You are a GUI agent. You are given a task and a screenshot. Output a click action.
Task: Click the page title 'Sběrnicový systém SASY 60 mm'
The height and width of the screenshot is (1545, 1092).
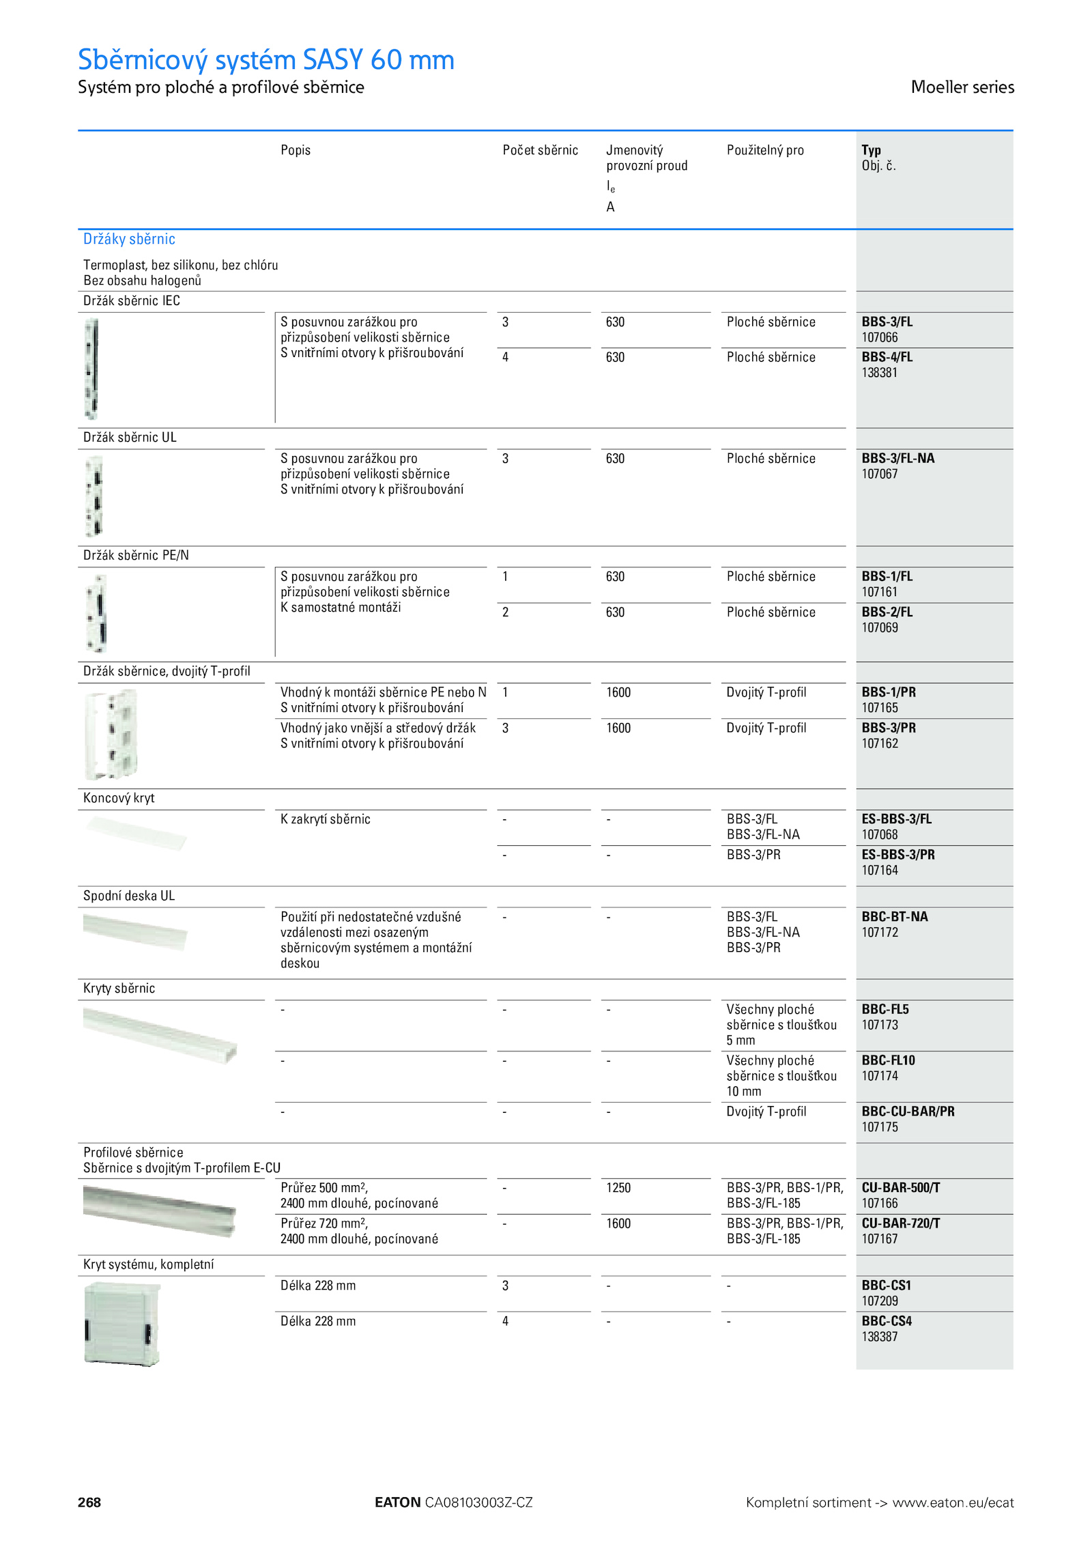265,60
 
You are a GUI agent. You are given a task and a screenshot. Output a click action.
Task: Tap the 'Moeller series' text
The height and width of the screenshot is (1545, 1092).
962,87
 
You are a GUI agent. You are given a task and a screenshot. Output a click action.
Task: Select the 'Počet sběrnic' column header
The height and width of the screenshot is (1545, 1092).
540,150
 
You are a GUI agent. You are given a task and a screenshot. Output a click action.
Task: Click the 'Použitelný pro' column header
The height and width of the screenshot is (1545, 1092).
764,150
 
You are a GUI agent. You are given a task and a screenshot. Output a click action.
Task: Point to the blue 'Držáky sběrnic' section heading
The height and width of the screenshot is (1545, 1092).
129,239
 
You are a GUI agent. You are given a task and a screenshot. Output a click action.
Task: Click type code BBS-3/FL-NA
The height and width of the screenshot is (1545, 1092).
897,458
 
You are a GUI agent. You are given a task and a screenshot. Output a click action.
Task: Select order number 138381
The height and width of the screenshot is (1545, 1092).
879,373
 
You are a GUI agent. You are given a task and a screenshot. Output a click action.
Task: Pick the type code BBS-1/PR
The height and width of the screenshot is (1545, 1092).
889,692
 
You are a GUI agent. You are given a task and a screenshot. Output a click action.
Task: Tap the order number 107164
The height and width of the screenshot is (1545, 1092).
879,870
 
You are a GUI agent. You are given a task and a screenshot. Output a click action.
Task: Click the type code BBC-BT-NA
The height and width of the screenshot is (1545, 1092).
894,916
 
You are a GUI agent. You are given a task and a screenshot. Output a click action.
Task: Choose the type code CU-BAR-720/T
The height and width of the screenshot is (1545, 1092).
900,1223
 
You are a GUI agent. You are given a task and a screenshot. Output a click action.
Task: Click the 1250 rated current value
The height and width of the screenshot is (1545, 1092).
618,1188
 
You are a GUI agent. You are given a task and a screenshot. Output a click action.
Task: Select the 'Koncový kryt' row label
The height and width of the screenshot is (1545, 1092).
119,798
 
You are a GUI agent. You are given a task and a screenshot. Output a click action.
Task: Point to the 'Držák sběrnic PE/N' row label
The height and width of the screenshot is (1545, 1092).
136,555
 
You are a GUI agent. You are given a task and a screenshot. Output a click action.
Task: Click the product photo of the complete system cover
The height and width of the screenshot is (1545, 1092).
121,1323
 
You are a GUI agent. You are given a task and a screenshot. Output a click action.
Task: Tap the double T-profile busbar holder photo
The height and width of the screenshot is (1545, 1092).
111,734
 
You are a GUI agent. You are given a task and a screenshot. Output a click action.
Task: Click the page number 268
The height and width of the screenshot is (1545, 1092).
89,1502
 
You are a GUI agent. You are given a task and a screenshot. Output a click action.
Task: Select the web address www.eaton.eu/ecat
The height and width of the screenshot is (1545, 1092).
953,1503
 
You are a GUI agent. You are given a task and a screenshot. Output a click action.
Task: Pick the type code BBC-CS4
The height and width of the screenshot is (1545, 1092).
886,1321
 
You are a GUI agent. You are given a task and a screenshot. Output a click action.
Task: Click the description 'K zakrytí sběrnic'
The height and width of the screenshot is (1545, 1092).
325,819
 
